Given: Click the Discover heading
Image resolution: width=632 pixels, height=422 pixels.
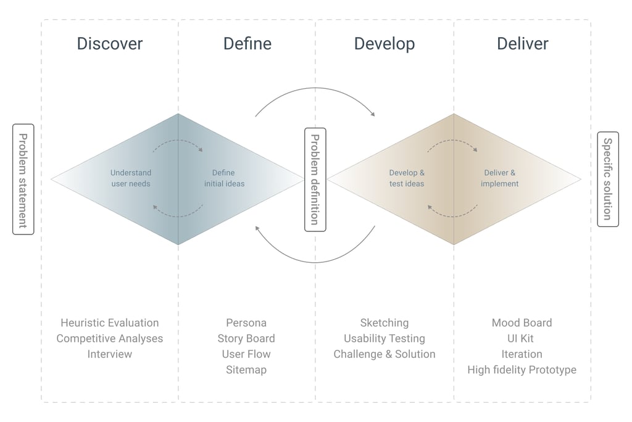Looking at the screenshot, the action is click(x=109, y=44).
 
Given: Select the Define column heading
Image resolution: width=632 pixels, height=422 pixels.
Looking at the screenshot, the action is click(x=247, y=44).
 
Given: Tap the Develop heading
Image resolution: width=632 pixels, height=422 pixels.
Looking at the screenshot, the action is click(x=384, y=44).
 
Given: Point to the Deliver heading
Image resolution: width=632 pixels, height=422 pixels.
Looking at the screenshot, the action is click(x=522, y=44).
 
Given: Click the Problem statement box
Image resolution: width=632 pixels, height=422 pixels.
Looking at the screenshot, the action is click(x=23, y=180).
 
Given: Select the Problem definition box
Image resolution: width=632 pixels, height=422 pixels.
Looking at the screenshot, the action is click(x=315, y=180).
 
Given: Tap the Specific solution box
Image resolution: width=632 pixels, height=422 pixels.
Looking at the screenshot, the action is click(x=607, y=180).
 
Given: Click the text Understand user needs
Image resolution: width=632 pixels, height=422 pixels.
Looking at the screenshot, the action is click(x=131, y=178).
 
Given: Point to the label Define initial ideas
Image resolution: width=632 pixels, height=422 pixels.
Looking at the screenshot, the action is click(x=224, y=178).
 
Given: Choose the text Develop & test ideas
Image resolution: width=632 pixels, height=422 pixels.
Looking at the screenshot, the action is click(x=407, y=178).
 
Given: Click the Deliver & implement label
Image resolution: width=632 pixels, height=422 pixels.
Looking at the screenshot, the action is click(x=499, y=178).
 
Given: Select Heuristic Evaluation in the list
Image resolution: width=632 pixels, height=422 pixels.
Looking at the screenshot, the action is click(x=109, y=323).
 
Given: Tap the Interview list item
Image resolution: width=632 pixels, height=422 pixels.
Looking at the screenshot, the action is click(x=109, y=354).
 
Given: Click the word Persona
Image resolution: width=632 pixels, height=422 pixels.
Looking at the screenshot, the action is click(x=246, y=323).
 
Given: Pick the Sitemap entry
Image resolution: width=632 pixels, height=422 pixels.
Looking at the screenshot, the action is click(x=246, y=370).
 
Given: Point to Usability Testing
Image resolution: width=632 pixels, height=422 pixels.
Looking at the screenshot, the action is click(x=384, y=339).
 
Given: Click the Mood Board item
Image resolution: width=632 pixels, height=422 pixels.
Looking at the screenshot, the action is click(x=522, y=323).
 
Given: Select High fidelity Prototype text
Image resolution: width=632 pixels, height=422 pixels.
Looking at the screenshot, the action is click(x=522, y=370).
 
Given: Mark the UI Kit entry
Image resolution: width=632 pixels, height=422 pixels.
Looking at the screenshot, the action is click(x=522, y=339).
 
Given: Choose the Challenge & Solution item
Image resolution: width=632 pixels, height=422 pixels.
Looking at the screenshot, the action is click(x=384, y=354).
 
